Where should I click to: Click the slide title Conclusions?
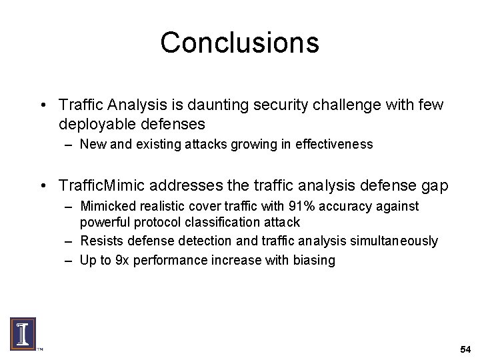(239, 43)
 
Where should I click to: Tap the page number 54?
(465, 350)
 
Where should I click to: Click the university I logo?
(22, 333)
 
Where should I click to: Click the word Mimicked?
(106, 207)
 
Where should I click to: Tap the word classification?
(221, 222)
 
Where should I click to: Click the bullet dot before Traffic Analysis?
(42, 106)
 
